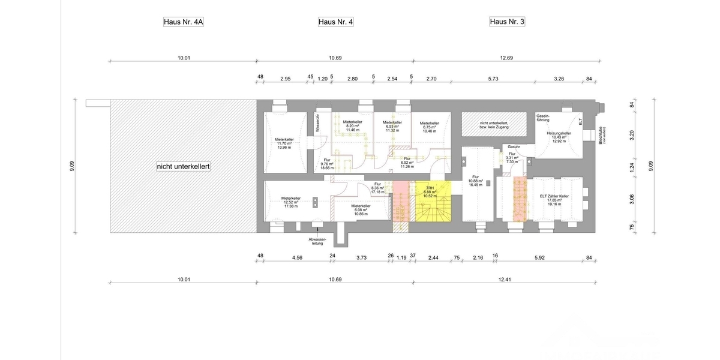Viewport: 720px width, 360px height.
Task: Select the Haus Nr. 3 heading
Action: (508, 22)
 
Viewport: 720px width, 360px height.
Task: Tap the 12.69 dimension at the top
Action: (506, 58)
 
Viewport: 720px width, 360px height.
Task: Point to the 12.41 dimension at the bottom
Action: (506, 280)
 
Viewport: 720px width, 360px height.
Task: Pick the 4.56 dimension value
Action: (296, 257)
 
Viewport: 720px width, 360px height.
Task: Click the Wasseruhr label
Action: (317, 123)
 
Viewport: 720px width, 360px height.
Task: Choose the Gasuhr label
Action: (514, 146)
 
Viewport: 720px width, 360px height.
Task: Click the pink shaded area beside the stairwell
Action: (399, 204)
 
